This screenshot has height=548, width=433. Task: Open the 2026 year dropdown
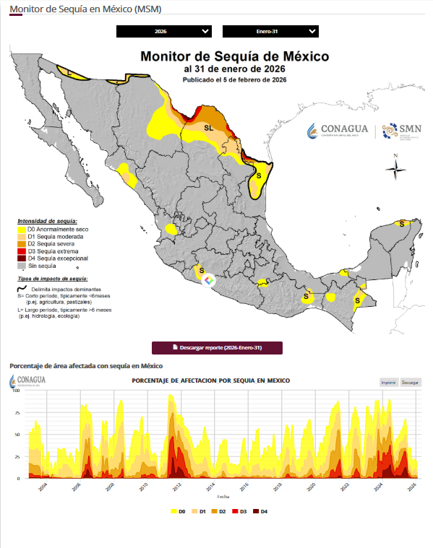point(164,31)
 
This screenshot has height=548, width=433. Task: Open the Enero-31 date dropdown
point(270,31)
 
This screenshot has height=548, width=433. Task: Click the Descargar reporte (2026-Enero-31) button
point(217,348)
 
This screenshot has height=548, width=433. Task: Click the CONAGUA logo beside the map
point(338,130)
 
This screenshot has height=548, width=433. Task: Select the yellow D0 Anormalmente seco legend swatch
point(22,229)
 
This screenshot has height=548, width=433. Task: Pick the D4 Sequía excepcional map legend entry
point(57,258)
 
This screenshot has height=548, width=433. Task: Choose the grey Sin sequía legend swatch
point(22,266)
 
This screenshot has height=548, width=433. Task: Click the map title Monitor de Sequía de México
point(234,56)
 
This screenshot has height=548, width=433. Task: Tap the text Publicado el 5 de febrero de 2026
point(234,79)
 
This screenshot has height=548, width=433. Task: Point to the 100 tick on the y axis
point(17,392)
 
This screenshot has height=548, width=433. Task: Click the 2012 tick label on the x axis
point(177,488)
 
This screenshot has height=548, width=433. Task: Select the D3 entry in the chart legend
point(239,511)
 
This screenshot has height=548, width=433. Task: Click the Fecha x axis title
point(223,497)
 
